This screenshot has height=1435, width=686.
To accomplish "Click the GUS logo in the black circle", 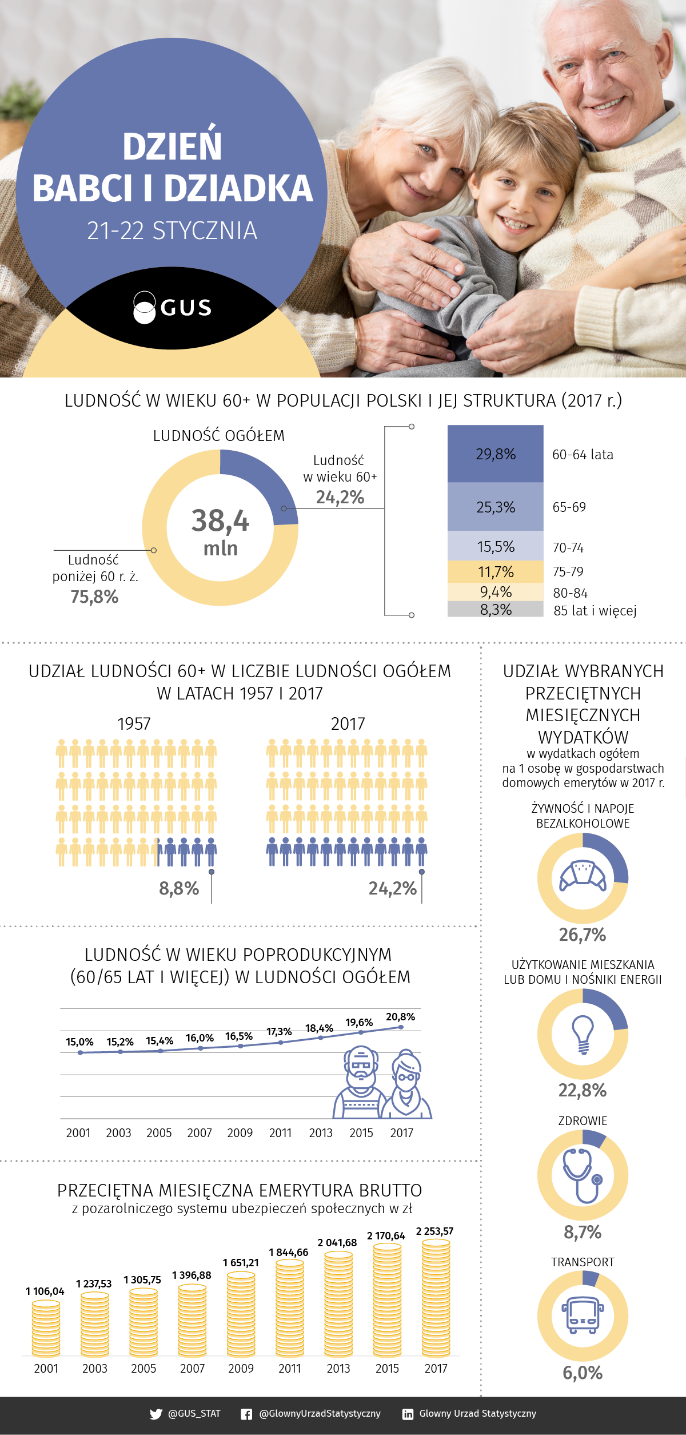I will click(172, 308).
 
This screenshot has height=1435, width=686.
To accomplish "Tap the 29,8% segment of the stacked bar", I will click(495, 454).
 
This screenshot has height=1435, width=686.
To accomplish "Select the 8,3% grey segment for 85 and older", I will click(495, 610).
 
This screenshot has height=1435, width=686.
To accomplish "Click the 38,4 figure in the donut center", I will click(220, 521).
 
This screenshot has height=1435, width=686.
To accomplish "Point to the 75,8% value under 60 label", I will click(94, 597).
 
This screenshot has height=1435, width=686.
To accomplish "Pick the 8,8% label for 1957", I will click(179, 888).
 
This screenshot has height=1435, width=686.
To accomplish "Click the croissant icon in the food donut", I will click(583, 875).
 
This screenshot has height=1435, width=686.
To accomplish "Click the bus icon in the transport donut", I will click(583, 1315).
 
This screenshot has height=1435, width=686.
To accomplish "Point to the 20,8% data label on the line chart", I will click(400, 1017).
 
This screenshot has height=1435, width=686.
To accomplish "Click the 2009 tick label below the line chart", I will click(240, 1133).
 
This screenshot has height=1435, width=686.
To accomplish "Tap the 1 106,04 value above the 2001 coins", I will click(45, 1291).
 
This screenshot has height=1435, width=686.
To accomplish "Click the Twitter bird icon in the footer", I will click(155, 1414).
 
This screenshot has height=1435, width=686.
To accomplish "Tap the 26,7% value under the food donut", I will click(583, 935).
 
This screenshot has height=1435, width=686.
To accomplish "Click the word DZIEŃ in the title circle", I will click(172, 146).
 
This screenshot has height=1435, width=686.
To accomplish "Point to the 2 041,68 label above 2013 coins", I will click(337, 1243).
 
